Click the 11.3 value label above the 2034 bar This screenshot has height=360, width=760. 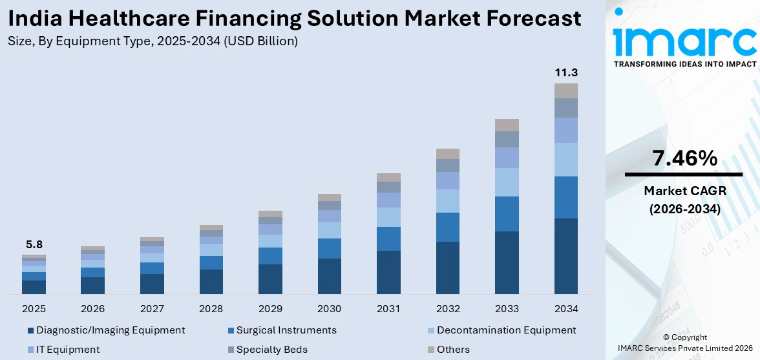click(x=565, y=72)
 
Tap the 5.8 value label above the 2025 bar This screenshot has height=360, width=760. click(x=34, y=244)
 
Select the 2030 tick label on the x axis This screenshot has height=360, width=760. click(x=330, y=308)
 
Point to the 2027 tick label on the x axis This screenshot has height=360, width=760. click(x=152, y=308)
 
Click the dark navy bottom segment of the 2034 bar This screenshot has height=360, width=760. click(x=565, y=256)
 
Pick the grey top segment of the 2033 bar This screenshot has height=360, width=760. click(x=507, y=125)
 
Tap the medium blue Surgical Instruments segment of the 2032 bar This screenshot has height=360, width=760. click(x=447, y=227)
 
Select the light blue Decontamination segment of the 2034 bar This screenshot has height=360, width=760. click(x=565, y=159)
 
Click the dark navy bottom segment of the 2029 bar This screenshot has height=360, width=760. click(x=270, y=279)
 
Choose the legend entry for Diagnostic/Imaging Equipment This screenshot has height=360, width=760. click(x=110, y=330)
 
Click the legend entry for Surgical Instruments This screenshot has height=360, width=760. click(x=286, y=330)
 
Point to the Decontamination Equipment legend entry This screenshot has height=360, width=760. click(x=505, y=330)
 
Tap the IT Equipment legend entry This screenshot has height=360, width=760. click(x=67, y=350)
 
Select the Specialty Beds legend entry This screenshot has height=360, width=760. click(x=271, y=350)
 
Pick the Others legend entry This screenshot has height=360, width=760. click(x=452, y=350)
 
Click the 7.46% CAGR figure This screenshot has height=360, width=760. click(x=684, y=158)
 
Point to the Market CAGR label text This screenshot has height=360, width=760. click(x=684, y=191)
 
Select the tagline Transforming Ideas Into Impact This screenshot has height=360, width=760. click(x=684, y=64)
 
